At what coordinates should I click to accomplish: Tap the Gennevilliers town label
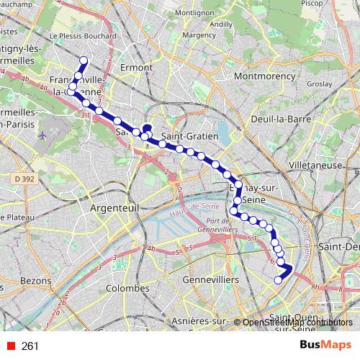click(206, 278)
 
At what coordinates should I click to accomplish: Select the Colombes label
click(127, 288)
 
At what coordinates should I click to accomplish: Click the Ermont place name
click(135, 68)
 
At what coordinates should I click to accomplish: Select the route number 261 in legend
click(30, 346)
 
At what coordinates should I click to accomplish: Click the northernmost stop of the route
click(84, 60)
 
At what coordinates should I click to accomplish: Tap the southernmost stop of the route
click(278, 280)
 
